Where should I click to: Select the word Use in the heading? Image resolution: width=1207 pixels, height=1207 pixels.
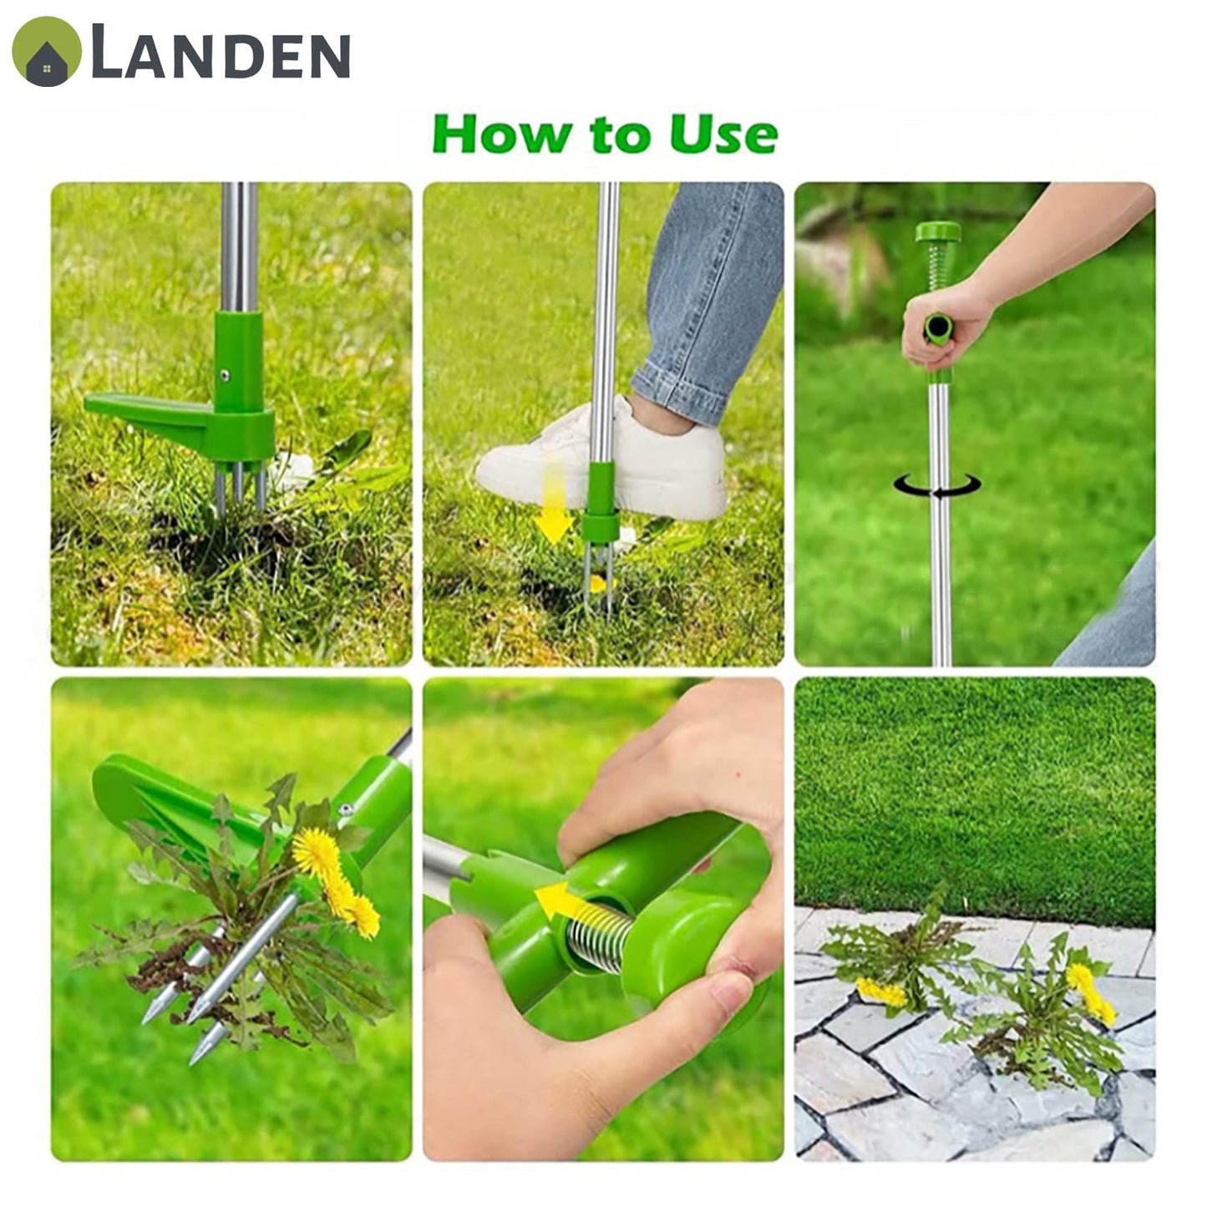click(723, 134)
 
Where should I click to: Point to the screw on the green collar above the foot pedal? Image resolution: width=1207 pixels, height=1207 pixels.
click(224, 375)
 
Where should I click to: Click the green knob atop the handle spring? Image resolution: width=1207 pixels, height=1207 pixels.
click(938, 232)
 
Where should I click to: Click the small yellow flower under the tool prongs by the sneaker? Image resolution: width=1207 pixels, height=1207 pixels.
click(597, 584)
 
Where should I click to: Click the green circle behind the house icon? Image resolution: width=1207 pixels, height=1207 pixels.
click(47, 51)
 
